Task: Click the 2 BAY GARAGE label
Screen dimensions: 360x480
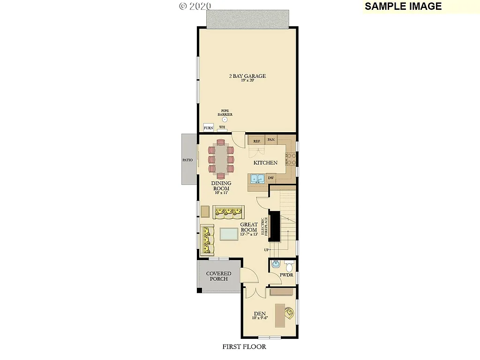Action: (x=247, y=76)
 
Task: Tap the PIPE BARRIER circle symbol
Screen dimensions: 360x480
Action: (x=225, y=120)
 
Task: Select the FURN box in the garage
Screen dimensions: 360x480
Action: (x=208, y=128)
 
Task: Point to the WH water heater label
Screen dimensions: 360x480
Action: (x=222, y=127)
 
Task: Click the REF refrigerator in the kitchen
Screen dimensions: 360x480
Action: (x=256, y=140)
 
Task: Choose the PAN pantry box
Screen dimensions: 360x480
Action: (x=270, y=139)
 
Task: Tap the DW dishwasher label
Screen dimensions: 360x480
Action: (x=270, y=178)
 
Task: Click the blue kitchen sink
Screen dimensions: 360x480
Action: (x=256, y=179)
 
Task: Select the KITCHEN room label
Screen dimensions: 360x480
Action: (x=265, y=163)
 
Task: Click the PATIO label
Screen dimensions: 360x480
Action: (x=187, y=160)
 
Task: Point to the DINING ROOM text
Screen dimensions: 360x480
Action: (x=220, y=186)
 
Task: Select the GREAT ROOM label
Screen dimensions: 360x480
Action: (x=248, y=227)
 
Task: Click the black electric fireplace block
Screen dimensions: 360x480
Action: (x=274, y=225)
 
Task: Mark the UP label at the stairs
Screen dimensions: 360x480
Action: (x=266, y=250)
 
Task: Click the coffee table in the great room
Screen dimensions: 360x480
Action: (x=228, y=233)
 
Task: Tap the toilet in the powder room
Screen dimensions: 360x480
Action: (x=288, y=267)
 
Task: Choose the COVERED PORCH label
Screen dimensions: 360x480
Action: (x=218, y=276)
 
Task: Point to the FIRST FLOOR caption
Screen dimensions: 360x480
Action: (x=244, y=347)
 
